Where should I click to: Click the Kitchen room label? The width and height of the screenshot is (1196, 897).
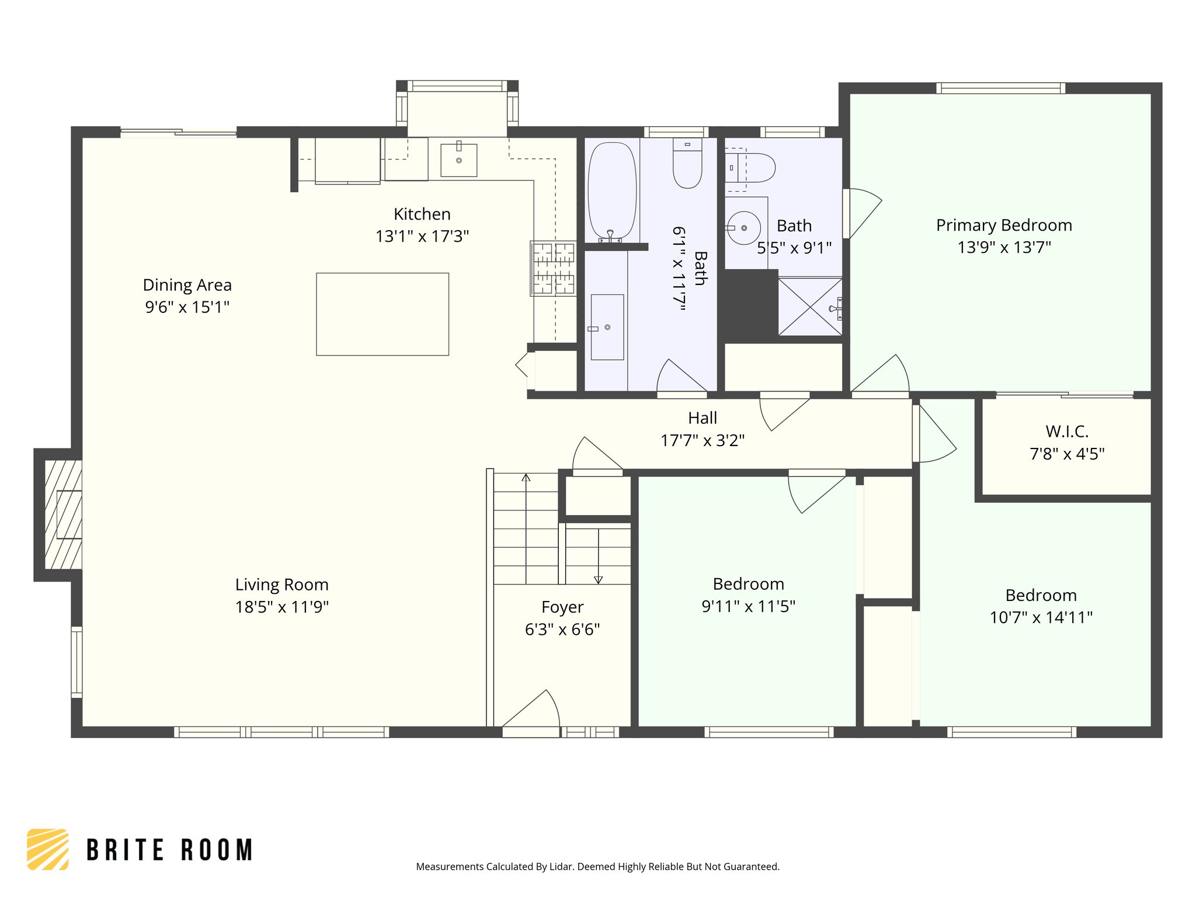point(422,214)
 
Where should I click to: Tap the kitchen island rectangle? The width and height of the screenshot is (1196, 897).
point(383,314)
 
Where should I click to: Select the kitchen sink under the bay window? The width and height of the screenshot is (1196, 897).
point(458,160)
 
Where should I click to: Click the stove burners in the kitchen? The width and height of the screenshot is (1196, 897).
point(553,269)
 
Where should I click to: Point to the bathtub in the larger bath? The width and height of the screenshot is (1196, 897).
point(611,190)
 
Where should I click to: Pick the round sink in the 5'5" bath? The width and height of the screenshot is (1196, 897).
point(743,228)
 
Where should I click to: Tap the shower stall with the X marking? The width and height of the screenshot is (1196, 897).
point(810,307)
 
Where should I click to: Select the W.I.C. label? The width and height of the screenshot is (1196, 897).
point(1066,432)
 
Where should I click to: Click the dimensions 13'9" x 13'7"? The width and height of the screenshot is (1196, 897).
point(1004,248)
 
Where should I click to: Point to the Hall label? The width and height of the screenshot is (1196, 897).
point(702,418)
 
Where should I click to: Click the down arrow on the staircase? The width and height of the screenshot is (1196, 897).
point(598,579)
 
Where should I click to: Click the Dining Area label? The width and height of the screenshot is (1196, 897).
point(187,285)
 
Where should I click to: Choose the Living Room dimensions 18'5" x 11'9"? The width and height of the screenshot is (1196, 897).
point(281,607)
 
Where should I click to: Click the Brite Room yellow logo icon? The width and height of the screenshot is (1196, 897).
point(48,849)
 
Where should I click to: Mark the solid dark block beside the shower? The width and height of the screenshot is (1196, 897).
point(750,305)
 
